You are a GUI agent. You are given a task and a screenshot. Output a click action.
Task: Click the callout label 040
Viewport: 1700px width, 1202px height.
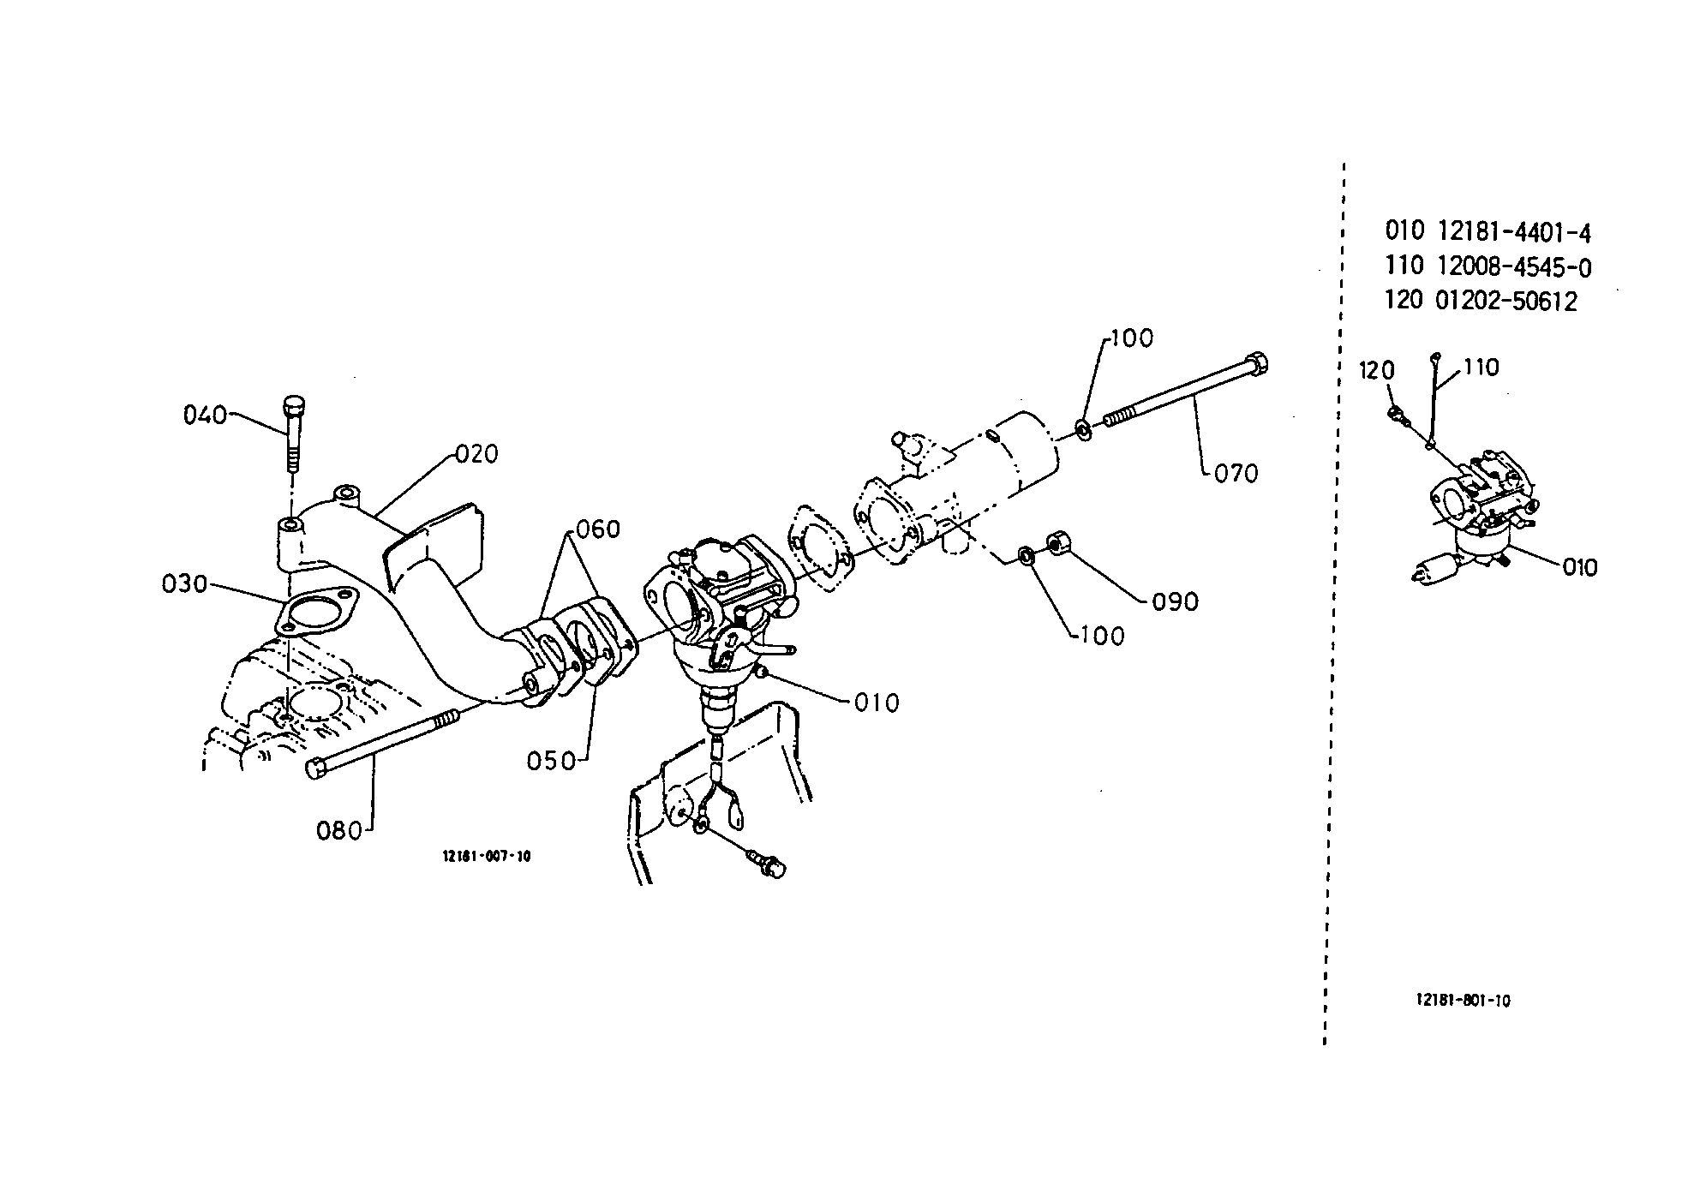pyautogui.click(x=205, y=416)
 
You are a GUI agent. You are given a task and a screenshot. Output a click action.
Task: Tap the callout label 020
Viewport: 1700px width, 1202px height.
pyautogui.click(x=476, y=453)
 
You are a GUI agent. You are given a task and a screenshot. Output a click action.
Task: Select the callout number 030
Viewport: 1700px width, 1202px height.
pyautogui.click(x=184, y=584)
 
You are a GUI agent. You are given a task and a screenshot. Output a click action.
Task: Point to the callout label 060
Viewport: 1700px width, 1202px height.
pyautogui.click(x=597, y=529)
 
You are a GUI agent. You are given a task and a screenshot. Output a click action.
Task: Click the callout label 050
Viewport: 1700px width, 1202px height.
pyautogui.click(x=550, y=760)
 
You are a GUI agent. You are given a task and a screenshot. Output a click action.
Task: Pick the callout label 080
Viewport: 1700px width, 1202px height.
pyautogui.click(x=340, y=830)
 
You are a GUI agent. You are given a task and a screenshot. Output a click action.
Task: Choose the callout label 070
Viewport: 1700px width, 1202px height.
pyautogui.click(x=1236, y=473)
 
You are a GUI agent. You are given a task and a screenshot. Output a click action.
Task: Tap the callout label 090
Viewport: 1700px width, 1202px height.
pyautogui.click(x=1175, y=601)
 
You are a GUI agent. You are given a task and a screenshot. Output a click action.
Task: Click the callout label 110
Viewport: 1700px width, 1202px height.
pyautogui.click(x=1482, y=368)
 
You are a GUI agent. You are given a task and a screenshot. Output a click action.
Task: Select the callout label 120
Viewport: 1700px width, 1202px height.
pyautogui.click(x=1377, y=371)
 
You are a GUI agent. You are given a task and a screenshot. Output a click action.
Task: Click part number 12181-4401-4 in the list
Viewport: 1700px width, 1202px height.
pyautogui.click(x=1514, y=232)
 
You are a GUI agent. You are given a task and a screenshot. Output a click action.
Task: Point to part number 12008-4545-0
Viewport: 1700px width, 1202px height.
pyautogui.click(x=1514, y=267)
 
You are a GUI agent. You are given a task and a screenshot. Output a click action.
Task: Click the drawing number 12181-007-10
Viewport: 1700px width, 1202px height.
pyautogui.click(x=487, y=856)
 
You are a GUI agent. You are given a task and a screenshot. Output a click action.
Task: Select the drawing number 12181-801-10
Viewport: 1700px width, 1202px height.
pyautogui.click(x=1463, y=1000)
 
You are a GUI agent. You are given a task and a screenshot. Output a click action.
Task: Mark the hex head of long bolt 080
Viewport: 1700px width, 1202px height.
pyautogui.click(x=316, y=768)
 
